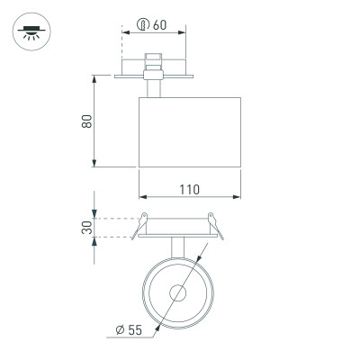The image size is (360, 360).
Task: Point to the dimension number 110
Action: (x=189, y=190)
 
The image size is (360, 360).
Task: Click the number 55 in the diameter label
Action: (x=136, y=330)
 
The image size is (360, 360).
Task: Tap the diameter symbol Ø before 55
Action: (x=120, y=330)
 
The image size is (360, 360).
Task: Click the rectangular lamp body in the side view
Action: (x=189, y=130)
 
